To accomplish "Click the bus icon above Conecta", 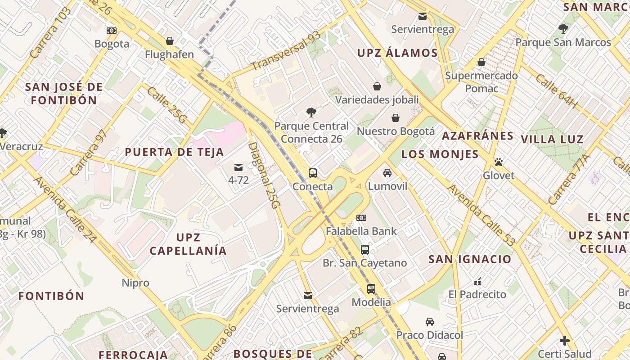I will pyautogui.click(x=312, y=173).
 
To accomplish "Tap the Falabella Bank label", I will pyautogui.click(x=361, y=231).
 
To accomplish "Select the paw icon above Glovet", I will pyautogui.click(x=498, y=162).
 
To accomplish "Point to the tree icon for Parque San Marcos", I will pyautogui.click(x=563, y=29).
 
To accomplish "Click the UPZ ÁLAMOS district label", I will pyautogui.click(x=397, y=53).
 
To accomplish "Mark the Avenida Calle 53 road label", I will pyautogui.click(x=481, y=216).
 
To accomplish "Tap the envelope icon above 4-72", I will pyautogui.click(x=238, y=167).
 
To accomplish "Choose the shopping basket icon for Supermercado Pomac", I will pyautogui.click(x=481, y=62).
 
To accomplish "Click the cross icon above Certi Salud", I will pyautogui.click(x=565, y=341).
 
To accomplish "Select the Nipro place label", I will pyautogui.click(x=135, y=283).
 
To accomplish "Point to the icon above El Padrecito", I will pyautogui.click(x=477, y=282).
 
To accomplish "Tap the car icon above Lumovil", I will pyautogui.click(x=387, y=173).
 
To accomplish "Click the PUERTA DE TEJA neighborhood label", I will pyautogui.click(x=174, y=152).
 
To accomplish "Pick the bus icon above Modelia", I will pyautogui.click(x=371, y=289).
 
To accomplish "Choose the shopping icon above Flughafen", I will pyautogui.click(x=170, y=41).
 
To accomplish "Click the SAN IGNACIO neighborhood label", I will pyautogui.click(x=470, y=259).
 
